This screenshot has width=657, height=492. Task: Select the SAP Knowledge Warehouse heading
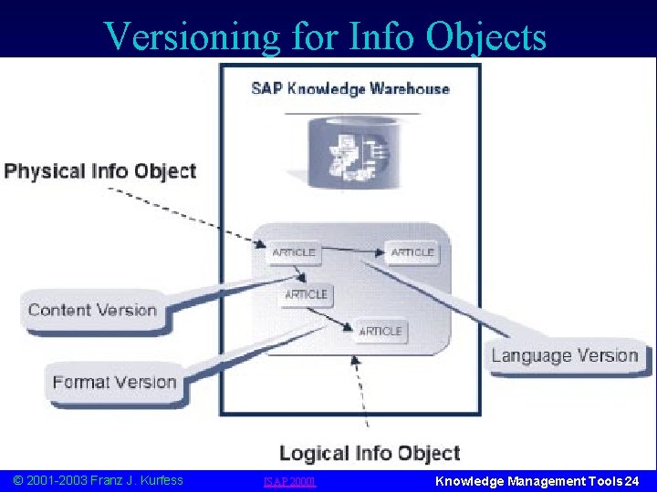coord(350,88)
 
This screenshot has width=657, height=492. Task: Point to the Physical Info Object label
coord(100,171)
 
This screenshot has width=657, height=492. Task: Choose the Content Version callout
coord(92,310)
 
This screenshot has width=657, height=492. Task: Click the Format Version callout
coord(114,382)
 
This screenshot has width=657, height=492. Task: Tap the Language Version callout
coord(565,355)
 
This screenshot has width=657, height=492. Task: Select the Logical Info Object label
coord(370,454)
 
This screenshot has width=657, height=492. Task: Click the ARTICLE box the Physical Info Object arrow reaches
coord(294,252)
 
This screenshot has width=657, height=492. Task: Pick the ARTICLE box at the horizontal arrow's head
coord(412,252)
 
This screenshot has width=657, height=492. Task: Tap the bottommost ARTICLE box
coord(381,332)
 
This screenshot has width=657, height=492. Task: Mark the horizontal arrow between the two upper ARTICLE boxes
coord(351,249)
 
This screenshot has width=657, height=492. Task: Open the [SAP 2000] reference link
coord(288,481)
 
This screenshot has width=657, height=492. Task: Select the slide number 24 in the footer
coord(631,480)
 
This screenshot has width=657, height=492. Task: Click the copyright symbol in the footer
coord(18,480)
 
